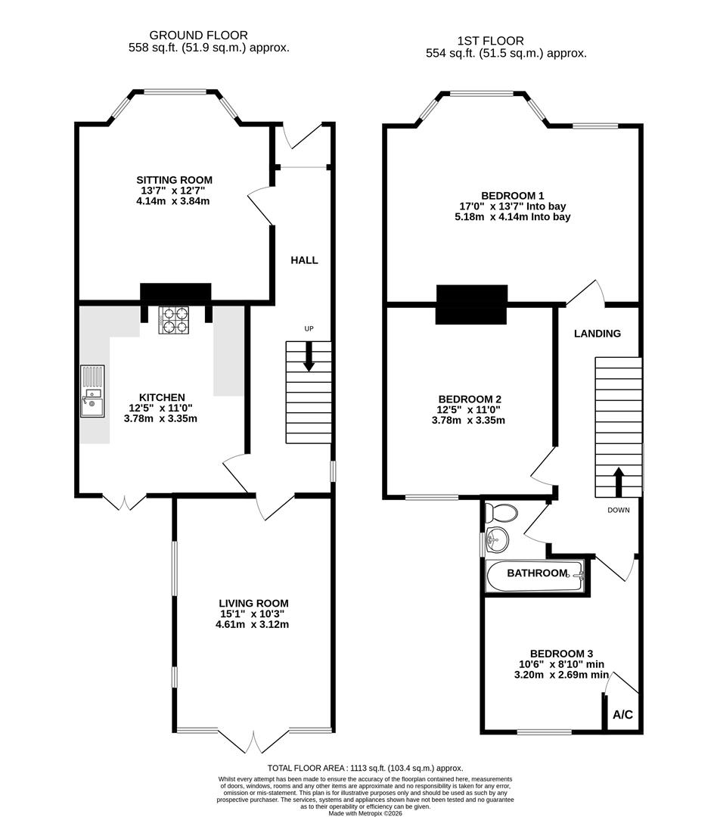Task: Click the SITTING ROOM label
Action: [x=174, y=180]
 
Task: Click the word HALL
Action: [x=304, y=260]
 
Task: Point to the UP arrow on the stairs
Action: [x=309, y=356]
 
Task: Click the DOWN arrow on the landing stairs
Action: [x=618, y=481]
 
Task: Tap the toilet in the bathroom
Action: [x=501, y=512]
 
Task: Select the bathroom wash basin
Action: [x=496, y=540]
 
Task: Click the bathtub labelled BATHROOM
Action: [x=536, y=575]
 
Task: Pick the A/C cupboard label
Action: [x=622, y=714]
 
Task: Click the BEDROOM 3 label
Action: [x=560, y=654]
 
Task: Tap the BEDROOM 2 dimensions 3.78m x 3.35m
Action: [x=470, y=421]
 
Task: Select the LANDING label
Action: [x=597, y=334]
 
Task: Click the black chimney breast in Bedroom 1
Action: [x=471, y=304]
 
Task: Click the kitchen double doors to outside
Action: [x=123, y=501]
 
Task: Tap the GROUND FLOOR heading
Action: [x=198, y=35]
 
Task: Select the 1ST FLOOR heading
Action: [x=490, y=41]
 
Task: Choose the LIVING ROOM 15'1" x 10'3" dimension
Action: [x=252, y=614]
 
